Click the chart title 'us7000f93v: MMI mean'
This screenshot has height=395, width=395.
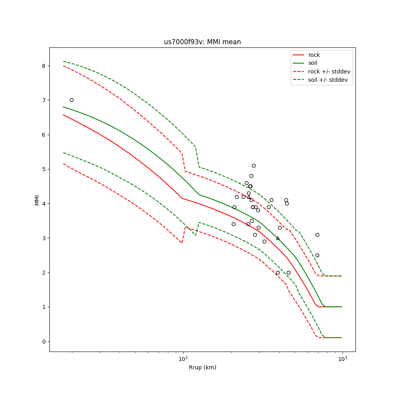tap(202, 42)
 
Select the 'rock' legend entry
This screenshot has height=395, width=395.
tap(314, 55)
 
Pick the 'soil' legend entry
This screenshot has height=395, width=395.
tap(312, 63)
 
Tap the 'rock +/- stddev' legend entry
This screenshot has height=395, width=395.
tap(329, 71)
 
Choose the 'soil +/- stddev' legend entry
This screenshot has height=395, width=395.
tap(329, 80)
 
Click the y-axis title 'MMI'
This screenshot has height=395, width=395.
tap(37, 199)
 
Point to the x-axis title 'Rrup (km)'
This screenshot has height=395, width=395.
tap(202, 367)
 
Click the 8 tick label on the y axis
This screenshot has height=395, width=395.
tap(44, 66)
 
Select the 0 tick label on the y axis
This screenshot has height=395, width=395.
tap(44, 342)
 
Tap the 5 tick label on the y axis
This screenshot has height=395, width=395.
tap(44, 169)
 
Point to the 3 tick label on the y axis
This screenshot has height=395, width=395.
tap(44, 238)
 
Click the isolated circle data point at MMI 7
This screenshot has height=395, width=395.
tap(71, 100)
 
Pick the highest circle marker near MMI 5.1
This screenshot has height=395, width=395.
tap(254, 166)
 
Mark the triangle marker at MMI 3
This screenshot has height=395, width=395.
tap(278, 238)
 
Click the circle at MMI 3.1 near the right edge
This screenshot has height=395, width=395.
tap(317, 235)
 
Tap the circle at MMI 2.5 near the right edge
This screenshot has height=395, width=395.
tap(317, 255)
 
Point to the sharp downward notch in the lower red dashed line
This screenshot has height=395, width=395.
tap(182, 242)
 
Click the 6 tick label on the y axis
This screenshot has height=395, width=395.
tap(44, 135)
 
